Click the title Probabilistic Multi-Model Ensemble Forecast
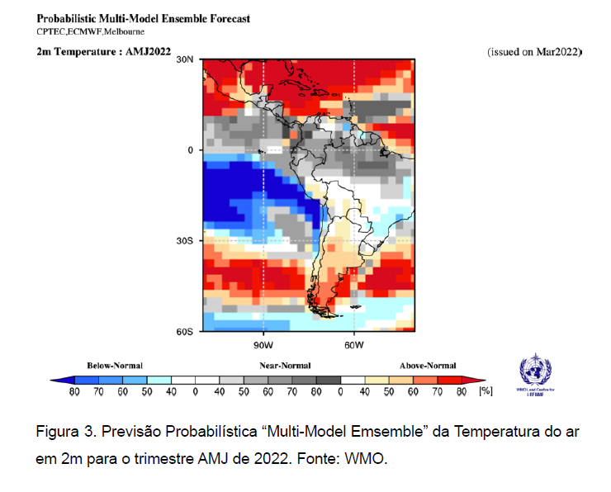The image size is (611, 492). pos(144,18)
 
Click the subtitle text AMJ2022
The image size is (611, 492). pos(147,51)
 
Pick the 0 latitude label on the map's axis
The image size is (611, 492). pos(189,150)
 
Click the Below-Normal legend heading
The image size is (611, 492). pos(115,365)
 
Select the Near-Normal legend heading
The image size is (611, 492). pos(282,365)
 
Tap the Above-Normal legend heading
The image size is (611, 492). pos(428,365)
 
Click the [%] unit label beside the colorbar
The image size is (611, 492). pos(485,391)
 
